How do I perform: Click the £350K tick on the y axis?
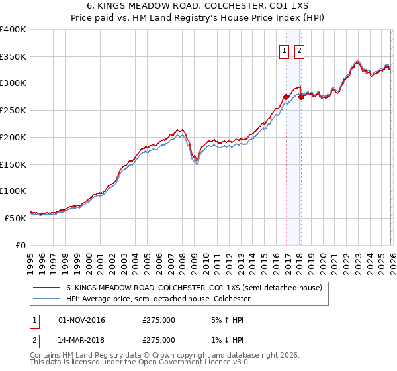[13, 57]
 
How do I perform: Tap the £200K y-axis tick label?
[13, 138]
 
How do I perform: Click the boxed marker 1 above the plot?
[285, 50]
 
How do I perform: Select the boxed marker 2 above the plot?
[300, 50]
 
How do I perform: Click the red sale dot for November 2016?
[286, 97]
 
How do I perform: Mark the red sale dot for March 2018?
[301, 97]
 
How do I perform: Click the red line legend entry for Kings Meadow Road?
[193, 288]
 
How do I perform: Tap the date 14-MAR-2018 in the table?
[81, 340]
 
